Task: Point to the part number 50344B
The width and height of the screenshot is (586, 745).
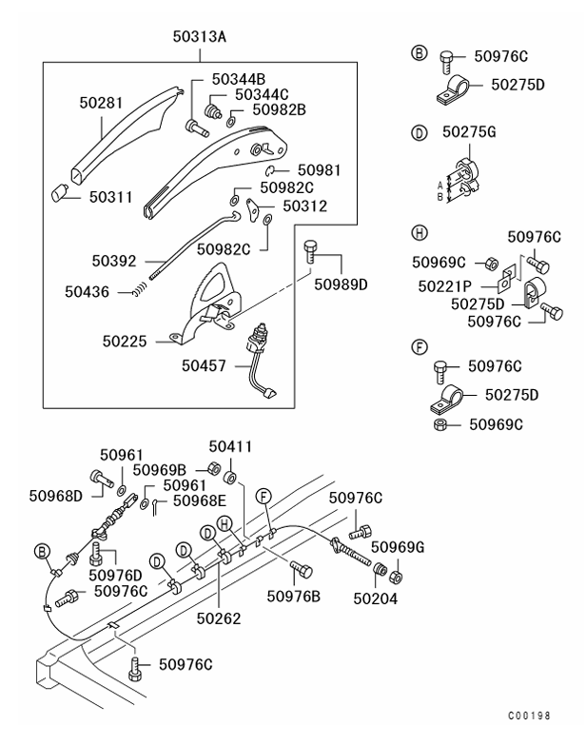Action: coord(239,77)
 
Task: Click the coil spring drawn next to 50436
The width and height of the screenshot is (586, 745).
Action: coord(139,292)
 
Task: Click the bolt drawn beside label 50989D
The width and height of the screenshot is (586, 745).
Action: coord(311,251)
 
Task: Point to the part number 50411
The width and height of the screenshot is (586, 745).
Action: coord(230,445)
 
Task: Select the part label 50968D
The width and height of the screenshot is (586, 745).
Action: coord(55,494)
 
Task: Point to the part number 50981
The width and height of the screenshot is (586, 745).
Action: coord(319,170)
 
